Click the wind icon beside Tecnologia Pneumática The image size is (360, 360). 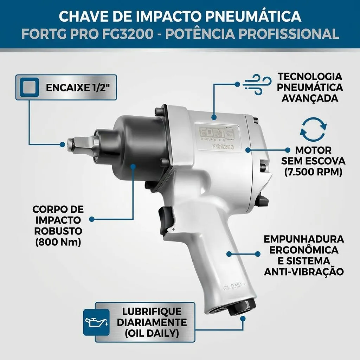pyautogui.click(x=257, y=84)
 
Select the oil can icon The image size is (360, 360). pyautogui.click(x=96, y=322)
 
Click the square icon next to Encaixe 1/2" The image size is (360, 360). pyautogui.click(x=29, y=87)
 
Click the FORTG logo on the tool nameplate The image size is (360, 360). pyautogui.click(x=217, y=133)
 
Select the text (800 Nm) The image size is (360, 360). pyautogui.click(x=58, y=242)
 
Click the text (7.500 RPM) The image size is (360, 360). pyautogui.click(x=313, y=172)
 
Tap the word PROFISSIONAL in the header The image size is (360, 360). pyautogui.click(x=289, y=34)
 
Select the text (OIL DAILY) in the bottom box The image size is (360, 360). pyautogui.click(x=152, y=333)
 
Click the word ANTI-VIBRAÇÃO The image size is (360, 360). pyautogui.click(x=304, y=272)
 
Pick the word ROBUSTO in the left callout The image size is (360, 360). pyautogui.click(x=58, y=231)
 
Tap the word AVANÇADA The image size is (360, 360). pyautogui.click(x=310, y=98)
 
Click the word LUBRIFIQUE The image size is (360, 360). pyautogui.click(x=152, y=311)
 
